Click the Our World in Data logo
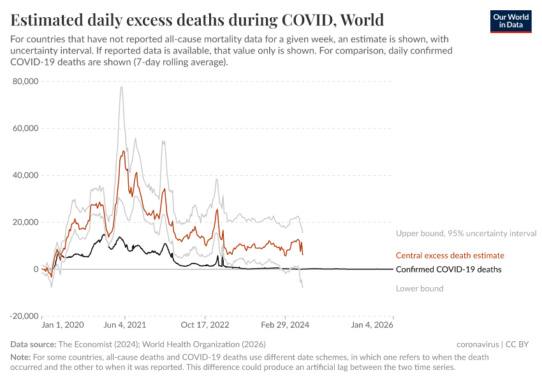(x=510, y=21)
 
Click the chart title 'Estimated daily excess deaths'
(x=197, y=19)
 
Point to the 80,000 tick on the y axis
(x=25, y=81)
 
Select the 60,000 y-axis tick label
(x=25, y=128)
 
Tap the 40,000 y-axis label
(x=25, y=175)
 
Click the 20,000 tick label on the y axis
(x=25, y=222)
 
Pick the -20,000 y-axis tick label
(x=23, y=316)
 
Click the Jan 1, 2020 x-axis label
(x=62, y=325)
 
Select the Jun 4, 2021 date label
(x=125, y=325)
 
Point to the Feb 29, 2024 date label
(x=285, y=325)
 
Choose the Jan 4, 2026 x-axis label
(x=372, y=325)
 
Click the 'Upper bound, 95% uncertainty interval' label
(x=466, y=234)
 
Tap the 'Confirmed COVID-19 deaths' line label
(x=448, y=269)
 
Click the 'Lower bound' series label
(x=419, y=288)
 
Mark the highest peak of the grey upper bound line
(x=121, y=87)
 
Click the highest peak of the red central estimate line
(x=122, y=152)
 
